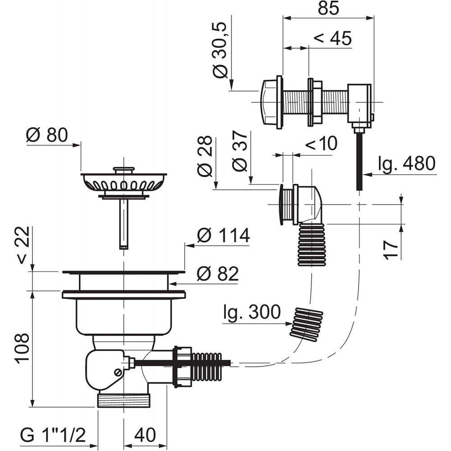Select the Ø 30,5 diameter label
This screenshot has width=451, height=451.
(x=221, y=50)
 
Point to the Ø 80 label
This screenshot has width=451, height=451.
(x=46, y=135)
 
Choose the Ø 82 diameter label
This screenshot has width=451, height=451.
(x=218, y=274)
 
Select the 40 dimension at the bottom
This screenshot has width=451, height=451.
(x=145, y=435)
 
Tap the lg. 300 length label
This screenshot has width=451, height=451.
(x=252, y=312)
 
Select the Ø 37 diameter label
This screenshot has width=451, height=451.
(x=240, y=151)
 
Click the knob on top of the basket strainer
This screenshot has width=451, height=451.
(x=124, y=170)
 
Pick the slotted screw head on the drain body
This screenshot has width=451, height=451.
(x=117, y=373)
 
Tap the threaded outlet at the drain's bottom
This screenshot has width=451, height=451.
(x=124, y=400)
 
